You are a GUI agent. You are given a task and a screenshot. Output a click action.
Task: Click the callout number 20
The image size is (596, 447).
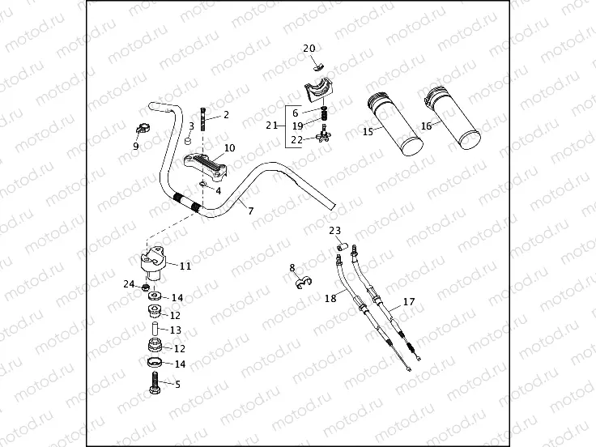pyautogui.click(x=309, y=49)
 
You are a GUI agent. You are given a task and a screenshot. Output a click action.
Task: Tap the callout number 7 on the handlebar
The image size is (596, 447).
pyautogui.click(x=251, y=211)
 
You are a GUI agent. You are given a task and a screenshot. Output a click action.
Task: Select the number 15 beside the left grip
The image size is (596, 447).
pyautogui.click(x=368, y=131)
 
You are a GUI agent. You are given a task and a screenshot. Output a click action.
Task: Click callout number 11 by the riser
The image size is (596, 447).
pyautogui.click(x=185, y=266)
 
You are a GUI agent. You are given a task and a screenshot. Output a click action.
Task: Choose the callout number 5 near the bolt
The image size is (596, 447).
pyautogui.click(x=177, y=385)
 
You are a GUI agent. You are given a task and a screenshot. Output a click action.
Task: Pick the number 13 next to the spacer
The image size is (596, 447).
pyautogui.click(x=176, y=330)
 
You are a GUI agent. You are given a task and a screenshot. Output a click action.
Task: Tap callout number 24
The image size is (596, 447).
pyautogui.click(x=129, y=283)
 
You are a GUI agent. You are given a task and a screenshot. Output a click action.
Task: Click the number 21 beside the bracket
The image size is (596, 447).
pyautogui.click(x=271, y=126)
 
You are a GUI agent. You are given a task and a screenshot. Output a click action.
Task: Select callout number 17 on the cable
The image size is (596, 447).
pyautogui.click(x=408, y=302)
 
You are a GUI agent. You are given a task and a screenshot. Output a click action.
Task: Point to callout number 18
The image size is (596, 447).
pyautogui.click(x=330, y=298)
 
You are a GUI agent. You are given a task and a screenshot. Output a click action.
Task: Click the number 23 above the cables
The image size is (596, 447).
pyautogui.click(x=335, y=231)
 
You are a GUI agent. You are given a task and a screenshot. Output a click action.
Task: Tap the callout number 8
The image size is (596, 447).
pyautogui.click(x=292, y=267)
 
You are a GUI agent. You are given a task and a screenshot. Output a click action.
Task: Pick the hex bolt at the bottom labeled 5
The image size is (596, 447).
pyautogui.click(x=155, y=385)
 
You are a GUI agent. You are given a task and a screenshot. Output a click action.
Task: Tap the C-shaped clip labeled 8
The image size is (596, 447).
pyautogui.click(x=304, y=282)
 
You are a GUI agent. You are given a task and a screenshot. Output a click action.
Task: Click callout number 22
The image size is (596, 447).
pyautogui.click(x=297, y=139)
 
